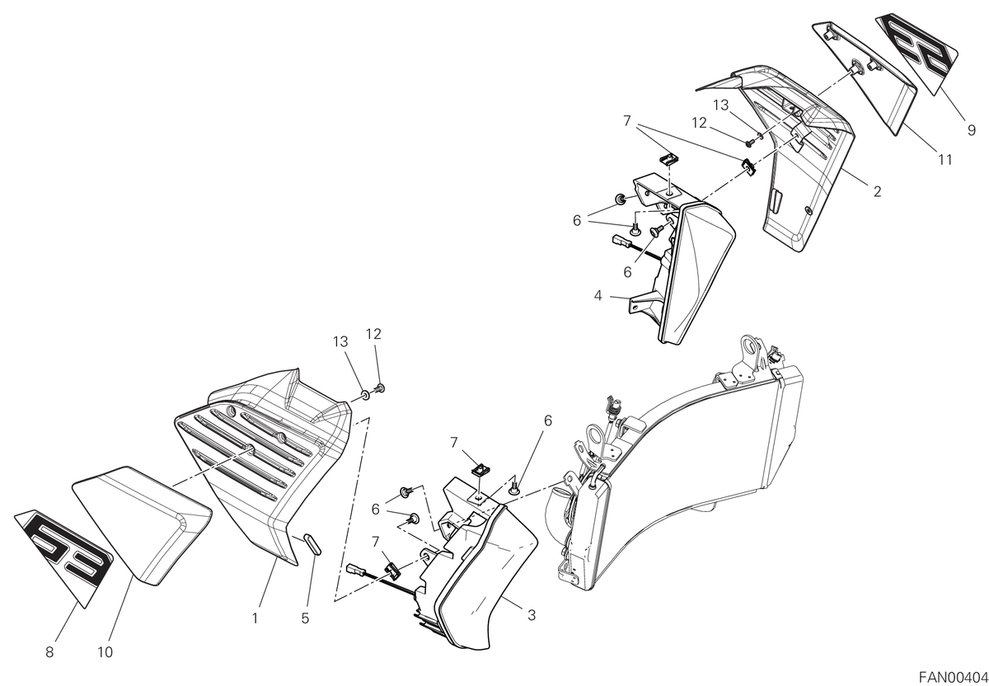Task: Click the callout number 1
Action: point(255,619)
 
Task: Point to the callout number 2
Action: point(877,192)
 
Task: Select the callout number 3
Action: point(532,615)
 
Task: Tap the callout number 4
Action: point(598,296)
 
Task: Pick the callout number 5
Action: point(305,619)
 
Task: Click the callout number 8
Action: point(49,652)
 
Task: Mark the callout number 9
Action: point(972,130)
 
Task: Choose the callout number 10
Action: point(105,652)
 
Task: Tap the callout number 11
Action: point(944,159)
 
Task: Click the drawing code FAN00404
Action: point(954,677)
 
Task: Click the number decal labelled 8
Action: point(63,558)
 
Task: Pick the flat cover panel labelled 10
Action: point(141,526)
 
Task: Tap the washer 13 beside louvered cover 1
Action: point(366,394)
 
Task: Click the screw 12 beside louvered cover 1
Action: point(380,388)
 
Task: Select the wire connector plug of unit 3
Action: point(356,570)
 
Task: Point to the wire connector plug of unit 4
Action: point(620,240)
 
